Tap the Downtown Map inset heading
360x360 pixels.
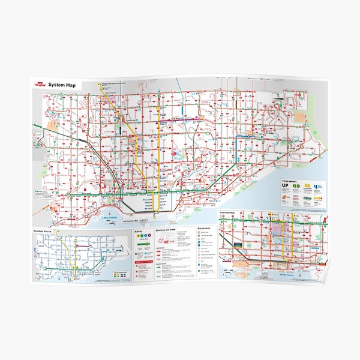coord(229,214)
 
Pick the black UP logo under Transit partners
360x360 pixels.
coord(286,187)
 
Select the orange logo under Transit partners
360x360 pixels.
coord(286,197)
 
